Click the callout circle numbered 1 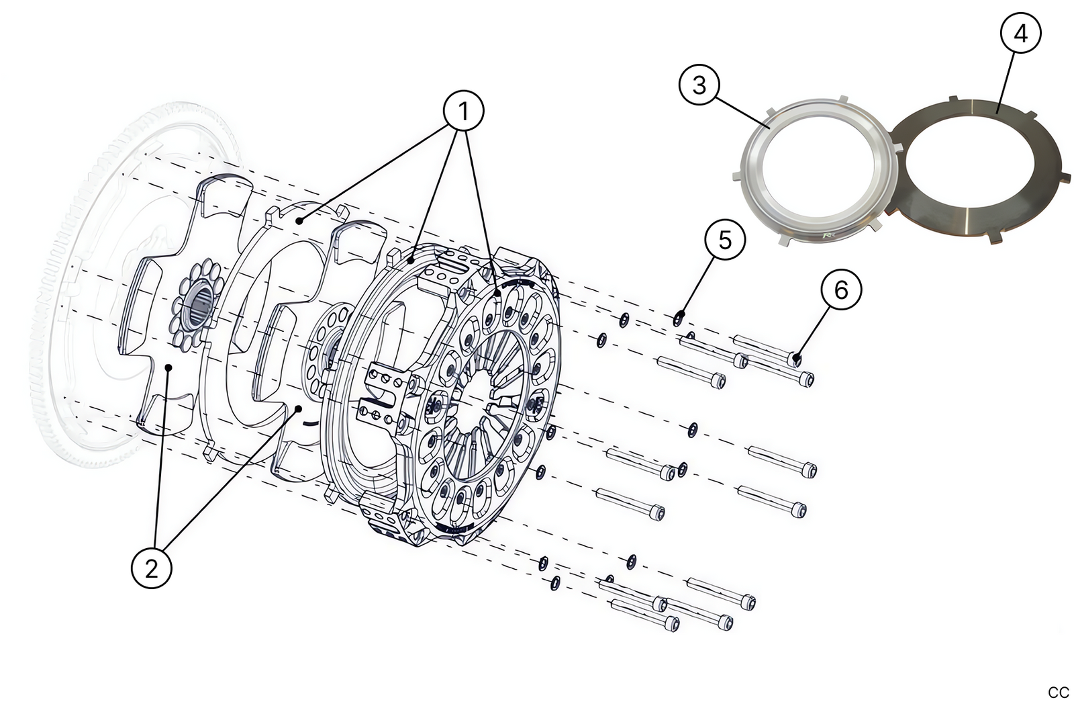click(463, 112)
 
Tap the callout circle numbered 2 click(151, 568)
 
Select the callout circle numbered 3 click(699, 85)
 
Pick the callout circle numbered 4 click(1020, 33)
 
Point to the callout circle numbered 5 click(725, 240)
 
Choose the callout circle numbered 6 click(840, 290)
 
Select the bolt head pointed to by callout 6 click(796, 358)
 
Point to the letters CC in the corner click(1058, 693)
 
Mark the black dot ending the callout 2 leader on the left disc click(170, 367)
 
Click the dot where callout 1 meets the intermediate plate click(299, 220)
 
